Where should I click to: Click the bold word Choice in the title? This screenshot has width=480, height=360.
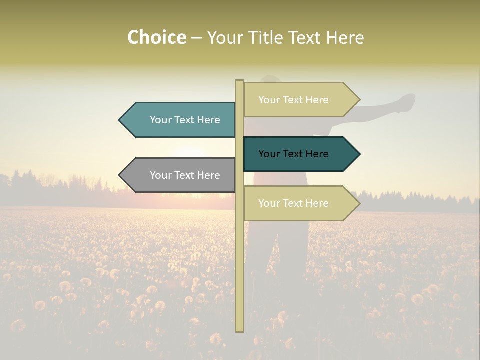[156, 37]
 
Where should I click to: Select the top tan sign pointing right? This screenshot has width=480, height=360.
[295, 100]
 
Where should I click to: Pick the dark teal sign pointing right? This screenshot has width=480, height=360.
[295, 154]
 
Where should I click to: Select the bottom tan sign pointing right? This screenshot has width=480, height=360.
[295, 203]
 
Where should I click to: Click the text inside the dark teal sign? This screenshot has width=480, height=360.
[293, 154]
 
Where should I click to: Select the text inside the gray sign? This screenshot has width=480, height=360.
[185, 175]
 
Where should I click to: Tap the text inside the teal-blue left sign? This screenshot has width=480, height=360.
[185, 120]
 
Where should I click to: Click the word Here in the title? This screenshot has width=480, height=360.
[345, 38]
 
